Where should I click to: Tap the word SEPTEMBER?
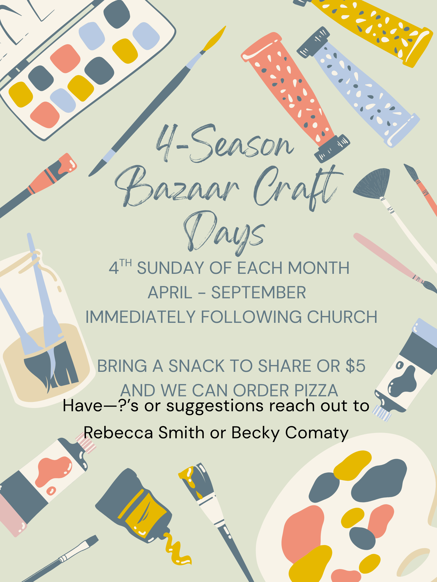[x=258, y=293]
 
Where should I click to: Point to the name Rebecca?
[x=118, y=433]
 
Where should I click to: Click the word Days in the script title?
[x=224, y=233]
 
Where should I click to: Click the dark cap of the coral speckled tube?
[x=332, y=148]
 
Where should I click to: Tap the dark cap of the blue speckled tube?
[x=313, y=42]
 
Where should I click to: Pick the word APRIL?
[x=170, y=293]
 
